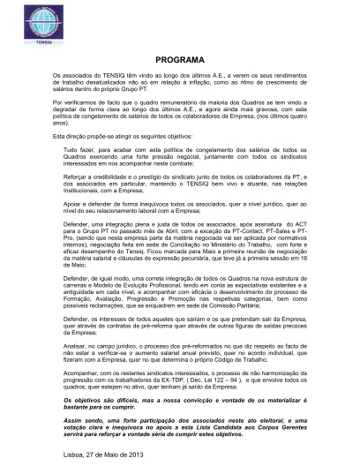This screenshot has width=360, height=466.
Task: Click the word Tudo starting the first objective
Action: [72, 151]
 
